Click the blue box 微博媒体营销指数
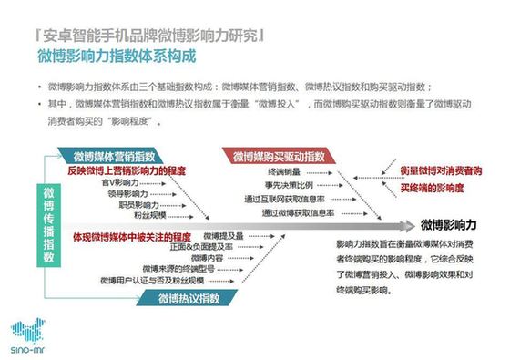pyautogui.click(x=123, y=158)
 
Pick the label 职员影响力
pyautogui.click(x=135, y=205)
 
